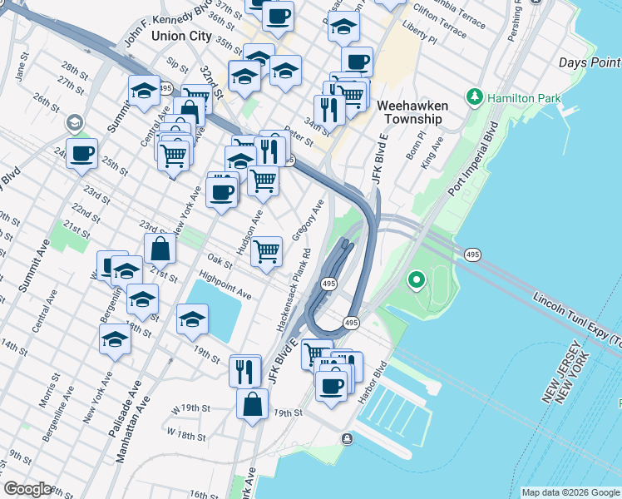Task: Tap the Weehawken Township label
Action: point(412,112)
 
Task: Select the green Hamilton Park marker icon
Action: point(475,98)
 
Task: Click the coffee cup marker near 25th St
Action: point(81,154)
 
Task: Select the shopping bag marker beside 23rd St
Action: point(160,248)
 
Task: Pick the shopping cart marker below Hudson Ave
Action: point(266,250)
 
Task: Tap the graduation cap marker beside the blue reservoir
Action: point(192,319)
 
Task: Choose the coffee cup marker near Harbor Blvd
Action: point(331,386)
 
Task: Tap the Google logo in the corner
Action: point(27,489)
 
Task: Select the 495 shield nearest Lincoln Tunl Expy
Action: point(472,254)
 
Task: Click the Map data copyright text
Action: point(570,492)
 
